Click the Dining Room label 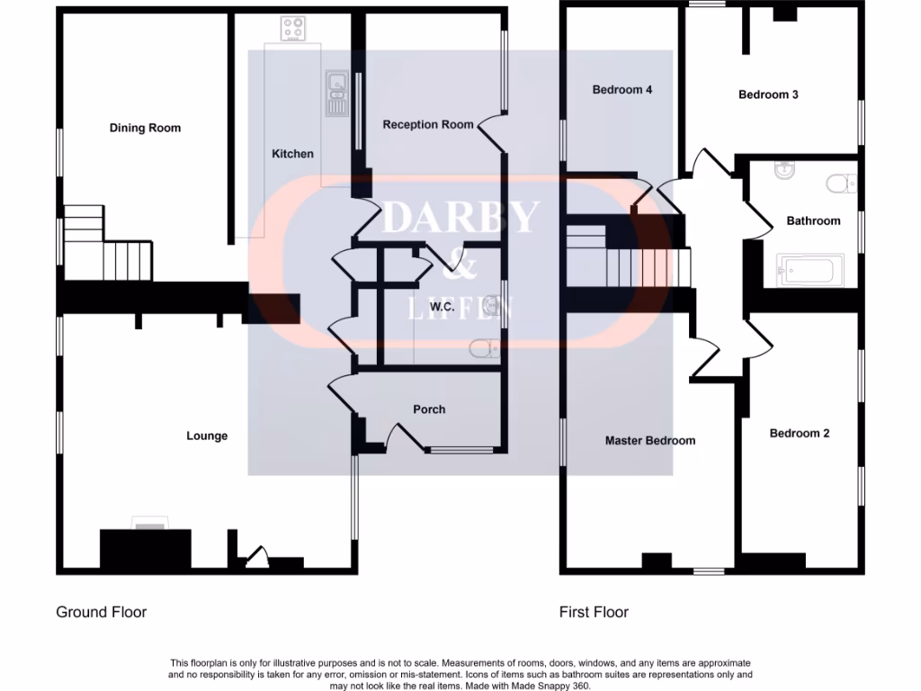coord(145,128)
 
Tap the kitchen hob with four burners coord(292,30)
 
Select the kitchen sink coord(336,94)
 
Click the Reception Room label coord(428,124)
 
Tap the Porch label coord(429,409)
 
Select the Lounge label coord(207,435)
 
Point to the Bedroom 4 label coord(621,90)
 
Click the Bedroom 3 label coord(768,94)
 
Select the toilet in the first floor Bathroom coord(841,184)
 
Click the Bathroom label coord(813,220)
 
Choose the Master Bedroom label coord(649,441)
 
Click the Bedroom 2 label coord(800,433)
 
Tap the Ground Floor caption coord(101,612)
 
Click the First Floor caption coord(594,612)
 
